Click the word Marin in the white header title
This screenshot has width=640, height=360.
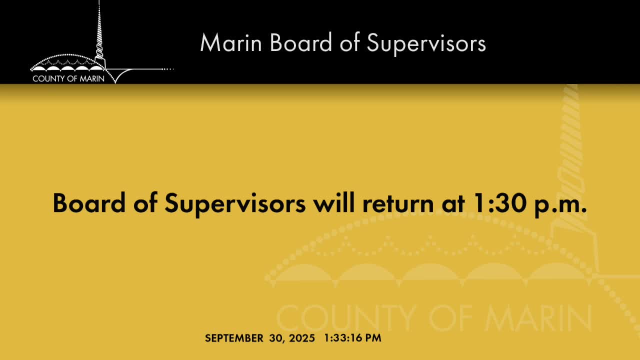[231, 42]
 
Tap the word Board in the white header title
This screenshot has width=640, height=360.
[301, 42]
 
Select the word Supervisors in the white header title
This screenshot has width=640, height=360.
[426, 44]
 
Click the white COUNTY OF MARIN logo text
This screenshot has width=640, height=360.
[68, 78]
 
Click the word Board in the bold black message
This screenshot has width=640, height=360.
[89, 203]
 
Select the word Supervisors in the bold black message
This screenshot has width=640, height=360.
[235, 204]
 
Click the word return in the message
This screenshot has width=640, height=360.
[398, 204]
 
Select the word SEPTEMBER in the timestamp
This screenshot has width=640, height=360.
[234, 338]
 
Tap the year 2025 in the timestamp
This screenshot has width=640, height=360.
[302, 338]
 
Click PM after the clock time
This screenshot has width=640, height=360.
[373, 338]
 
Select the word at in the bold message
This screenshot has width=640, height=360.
[453, 204]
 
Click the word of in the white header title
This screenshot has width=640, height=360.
[349, 42]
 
